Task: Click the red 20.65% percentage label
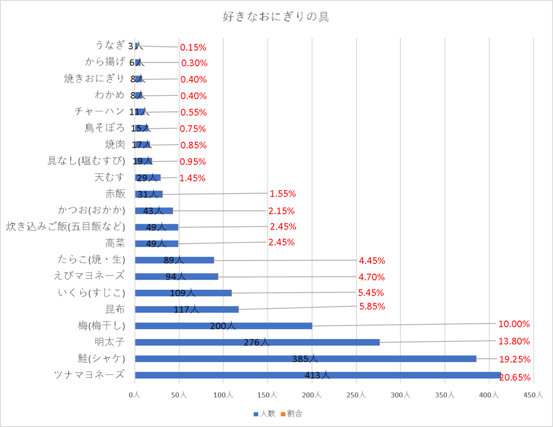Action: click(515, 378)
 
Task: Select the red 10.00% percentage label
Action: click(514, 324)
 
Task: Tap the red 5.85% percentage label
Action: click(371, 306)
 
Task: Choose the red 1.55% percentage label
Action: click(283, 194)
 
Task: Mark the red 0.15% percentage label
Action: click(193, 47)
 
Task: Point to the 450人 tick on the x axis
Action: click(533, 395)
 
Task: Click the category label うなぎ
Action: click(110, 45)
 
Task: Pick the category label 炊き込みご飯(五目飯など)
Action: click(65, 226)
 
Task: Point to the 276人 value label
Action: click(257, 342)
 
